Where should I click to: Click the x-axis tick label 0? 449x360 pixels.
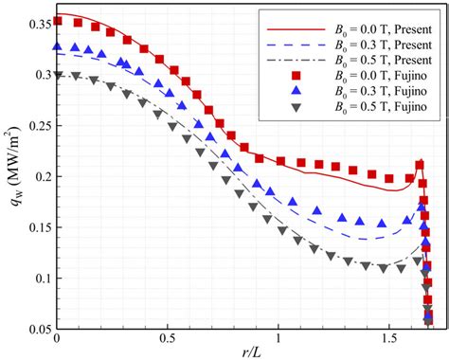point(58,339)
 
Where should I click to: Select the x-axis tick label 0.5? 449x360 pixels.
point(168,339)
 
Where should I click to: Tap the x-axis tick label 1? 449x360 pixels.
point(278,339)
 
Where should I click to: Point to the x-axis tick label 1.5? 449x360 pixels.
point(387,339)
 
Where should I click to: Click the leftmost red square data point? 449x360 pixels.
point(58,21)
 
